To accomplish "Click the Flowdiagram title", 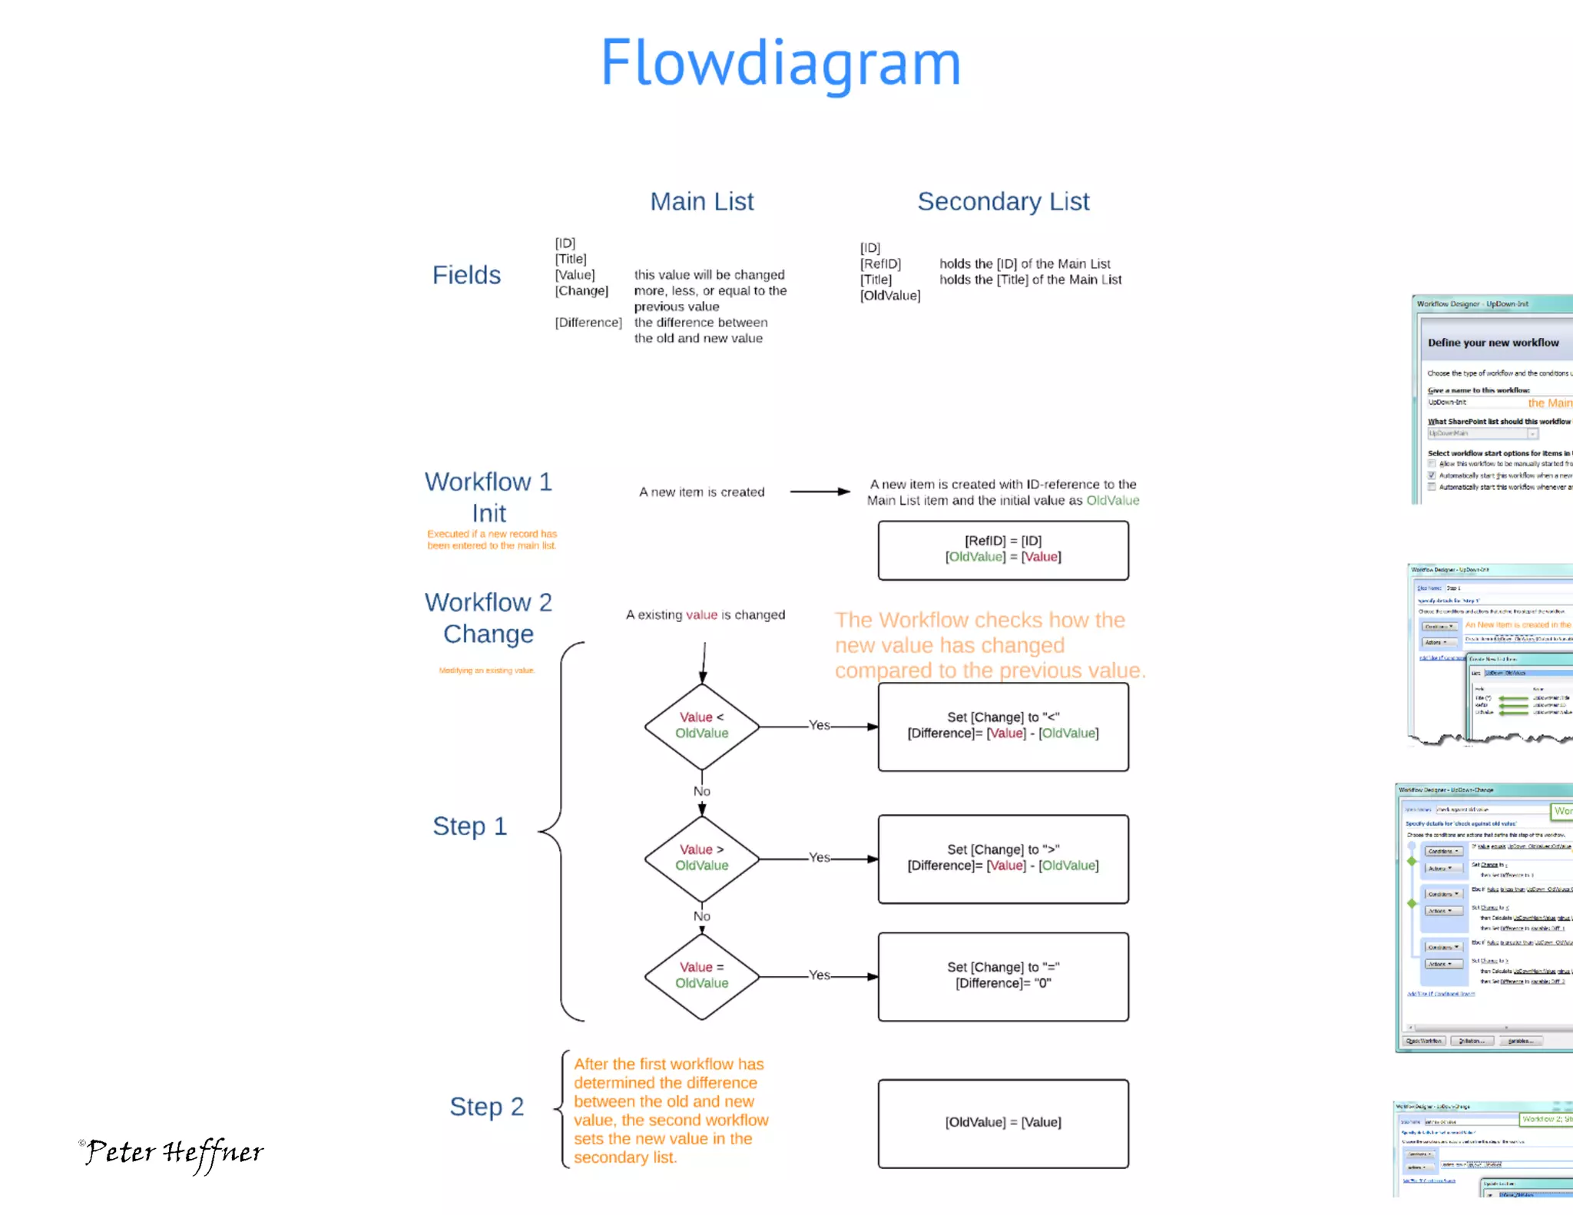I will point(780,63).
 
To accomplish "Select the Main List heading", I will point(701,201).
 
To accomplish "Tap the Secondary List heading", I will point(1003,201).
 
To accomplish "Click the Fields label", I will point(466,275).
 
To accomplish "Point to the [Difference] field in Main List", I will point(588,323).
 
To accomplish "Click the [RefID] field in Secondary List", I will point(880,264).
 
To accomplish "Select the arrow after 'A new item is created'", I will point(820,492).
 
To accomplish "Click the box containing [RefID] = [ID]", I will point(1003,550).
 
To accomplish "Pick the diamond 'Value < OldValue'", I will point(701,726).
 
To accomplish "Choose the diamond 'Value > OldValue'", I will point(701,858).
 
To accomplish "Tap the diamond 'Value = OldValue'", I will point(701,975).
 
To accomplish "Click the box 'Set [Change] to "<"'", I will point(1003,727).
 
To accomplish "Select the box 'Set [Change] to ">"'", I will point(1003,859).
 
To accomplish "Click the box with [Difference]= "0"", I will point(1003,976).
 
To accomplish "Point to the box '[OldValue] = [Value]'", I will point(1003,1123).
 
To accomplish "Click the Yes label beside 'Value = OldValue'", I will point(820,975).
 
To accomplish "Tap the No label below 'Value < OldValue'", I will point(701,791).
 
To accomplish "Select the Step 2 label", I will point(486,1107).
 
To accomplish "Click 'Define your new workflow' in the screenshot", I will point(1492,343).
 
